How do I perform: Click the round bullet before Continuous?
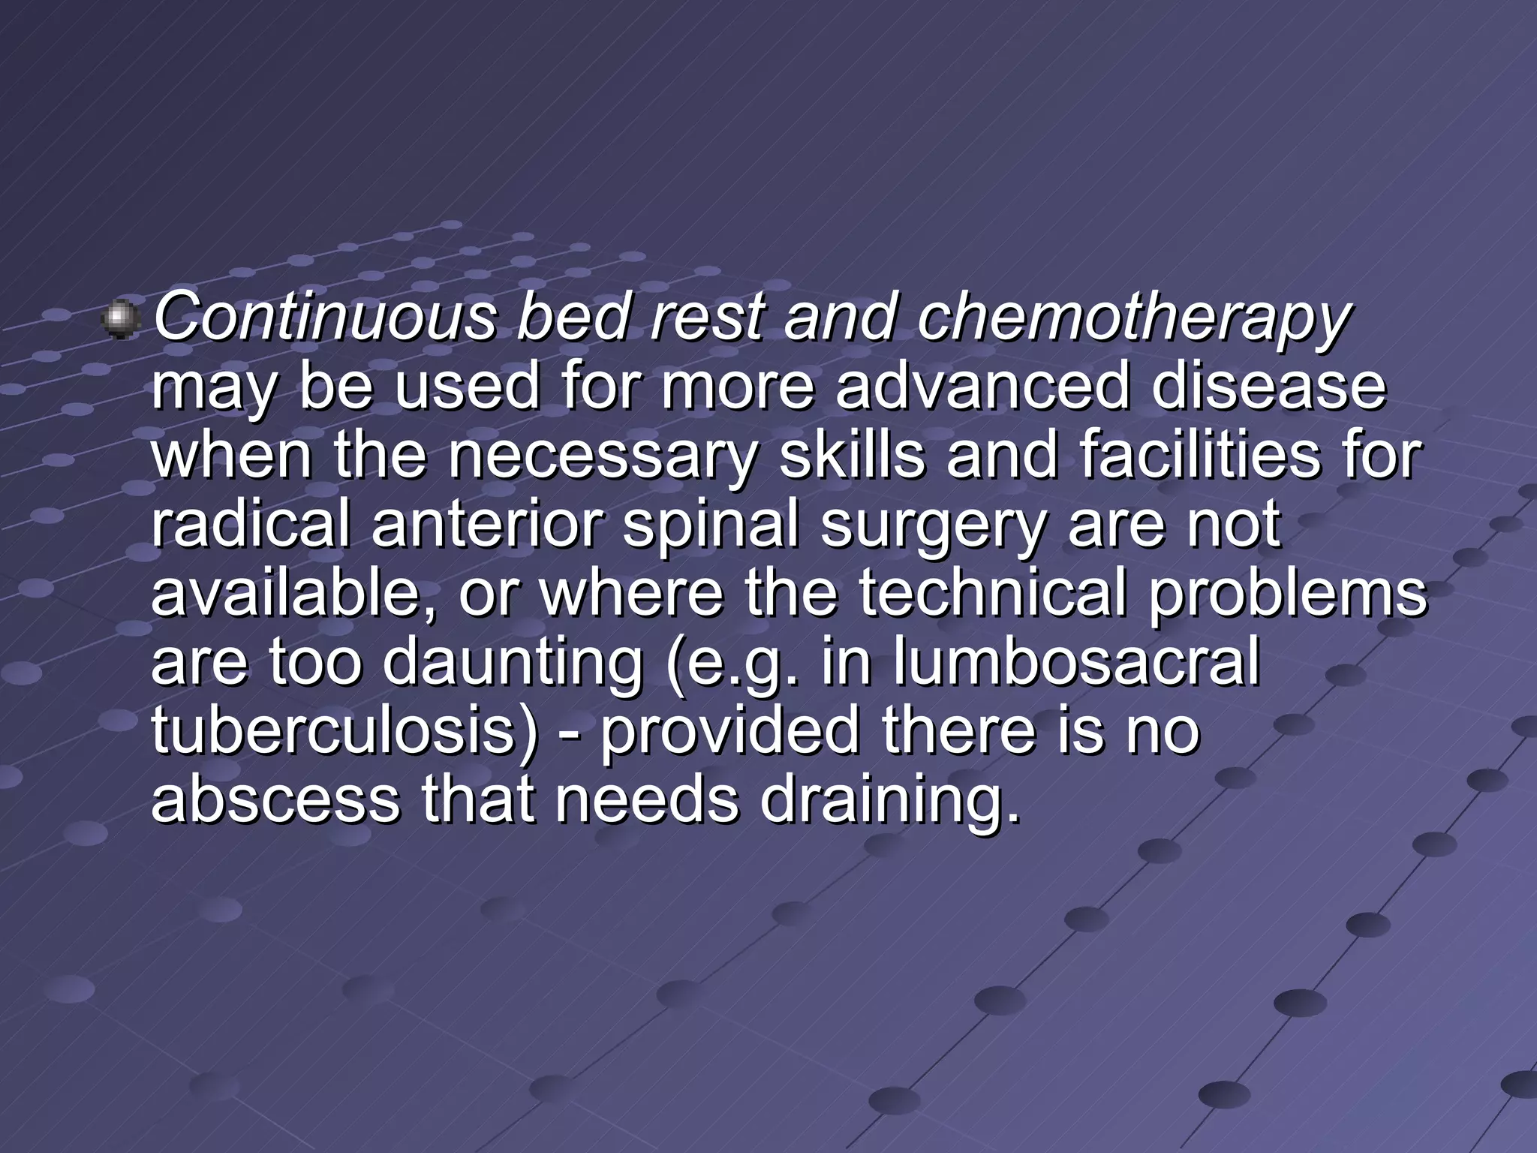tap(120, 321)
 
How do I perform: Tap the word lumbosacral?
tap(1076, 662)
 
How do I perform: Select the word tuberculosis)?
tap(344, 731)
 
